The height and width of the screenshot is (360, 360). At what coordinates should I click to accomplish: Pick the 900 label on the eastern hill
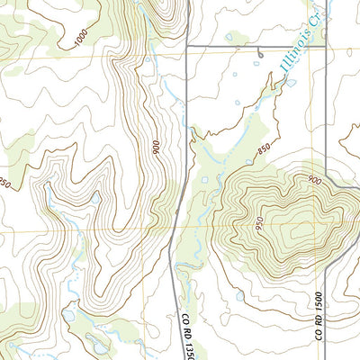[x=312, y=180]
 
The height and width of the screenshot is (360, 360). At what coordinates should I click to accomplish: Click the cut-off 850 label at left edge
[x=4, y=183]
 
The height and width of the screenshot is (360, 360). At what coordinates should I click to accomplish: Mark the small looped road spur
[x=259, y=53]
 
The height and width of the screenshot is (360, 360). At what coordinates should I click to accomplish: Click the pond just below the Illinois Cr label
[x=291, y=83]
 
